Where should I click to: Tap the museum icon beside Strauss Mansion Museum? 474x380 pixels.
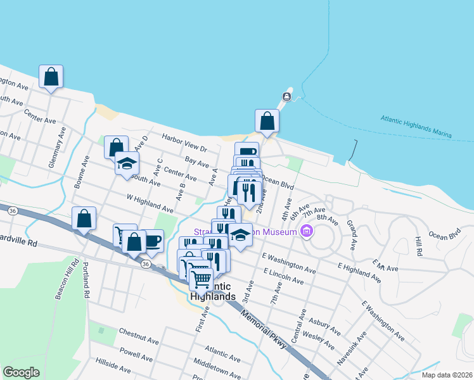307,232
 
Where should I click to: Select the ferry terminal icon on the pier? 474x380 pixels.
286,96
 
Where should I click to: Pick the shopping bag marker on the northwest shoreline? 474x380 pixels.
51,77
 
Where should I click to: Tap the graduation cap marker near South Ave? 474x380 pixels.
127,163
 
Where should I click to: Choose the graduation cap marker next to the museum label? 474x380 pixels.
240,235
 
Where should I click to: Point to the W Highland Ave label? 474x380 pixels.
150,204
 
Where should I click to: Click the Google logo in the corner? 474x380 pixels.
21,372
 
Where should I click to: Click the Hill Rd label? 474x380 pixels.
418,246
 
